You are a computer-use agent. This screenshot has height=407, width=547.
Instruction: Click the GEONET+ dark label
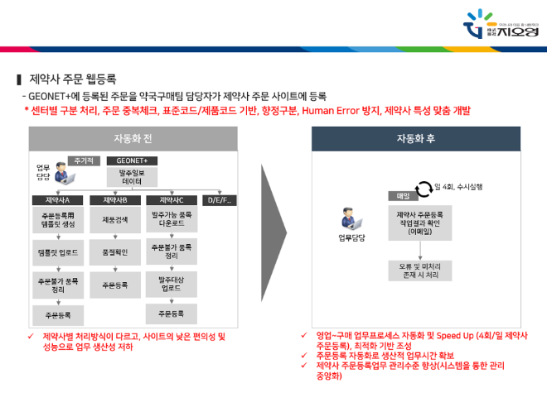[x=132, y=160]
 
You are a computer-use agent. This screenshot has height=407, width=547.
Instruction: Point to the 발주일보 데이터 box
[x=132, y=176]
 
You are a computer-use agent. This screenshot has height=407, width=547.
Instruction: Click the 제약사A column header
[x=56, y=200]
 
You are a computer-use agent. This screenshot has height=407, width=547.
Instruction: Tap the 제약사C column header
[x=172, y=200]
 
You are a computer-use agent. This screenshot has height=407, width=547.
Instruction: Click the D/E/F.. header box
[x=220, y=200]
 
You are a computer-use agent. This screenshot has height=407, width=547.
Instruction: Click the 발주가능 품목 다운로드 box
[x=172, y=219]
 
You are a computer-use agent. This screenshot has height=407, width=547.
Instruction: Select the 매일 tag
[x=394, y=197]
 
